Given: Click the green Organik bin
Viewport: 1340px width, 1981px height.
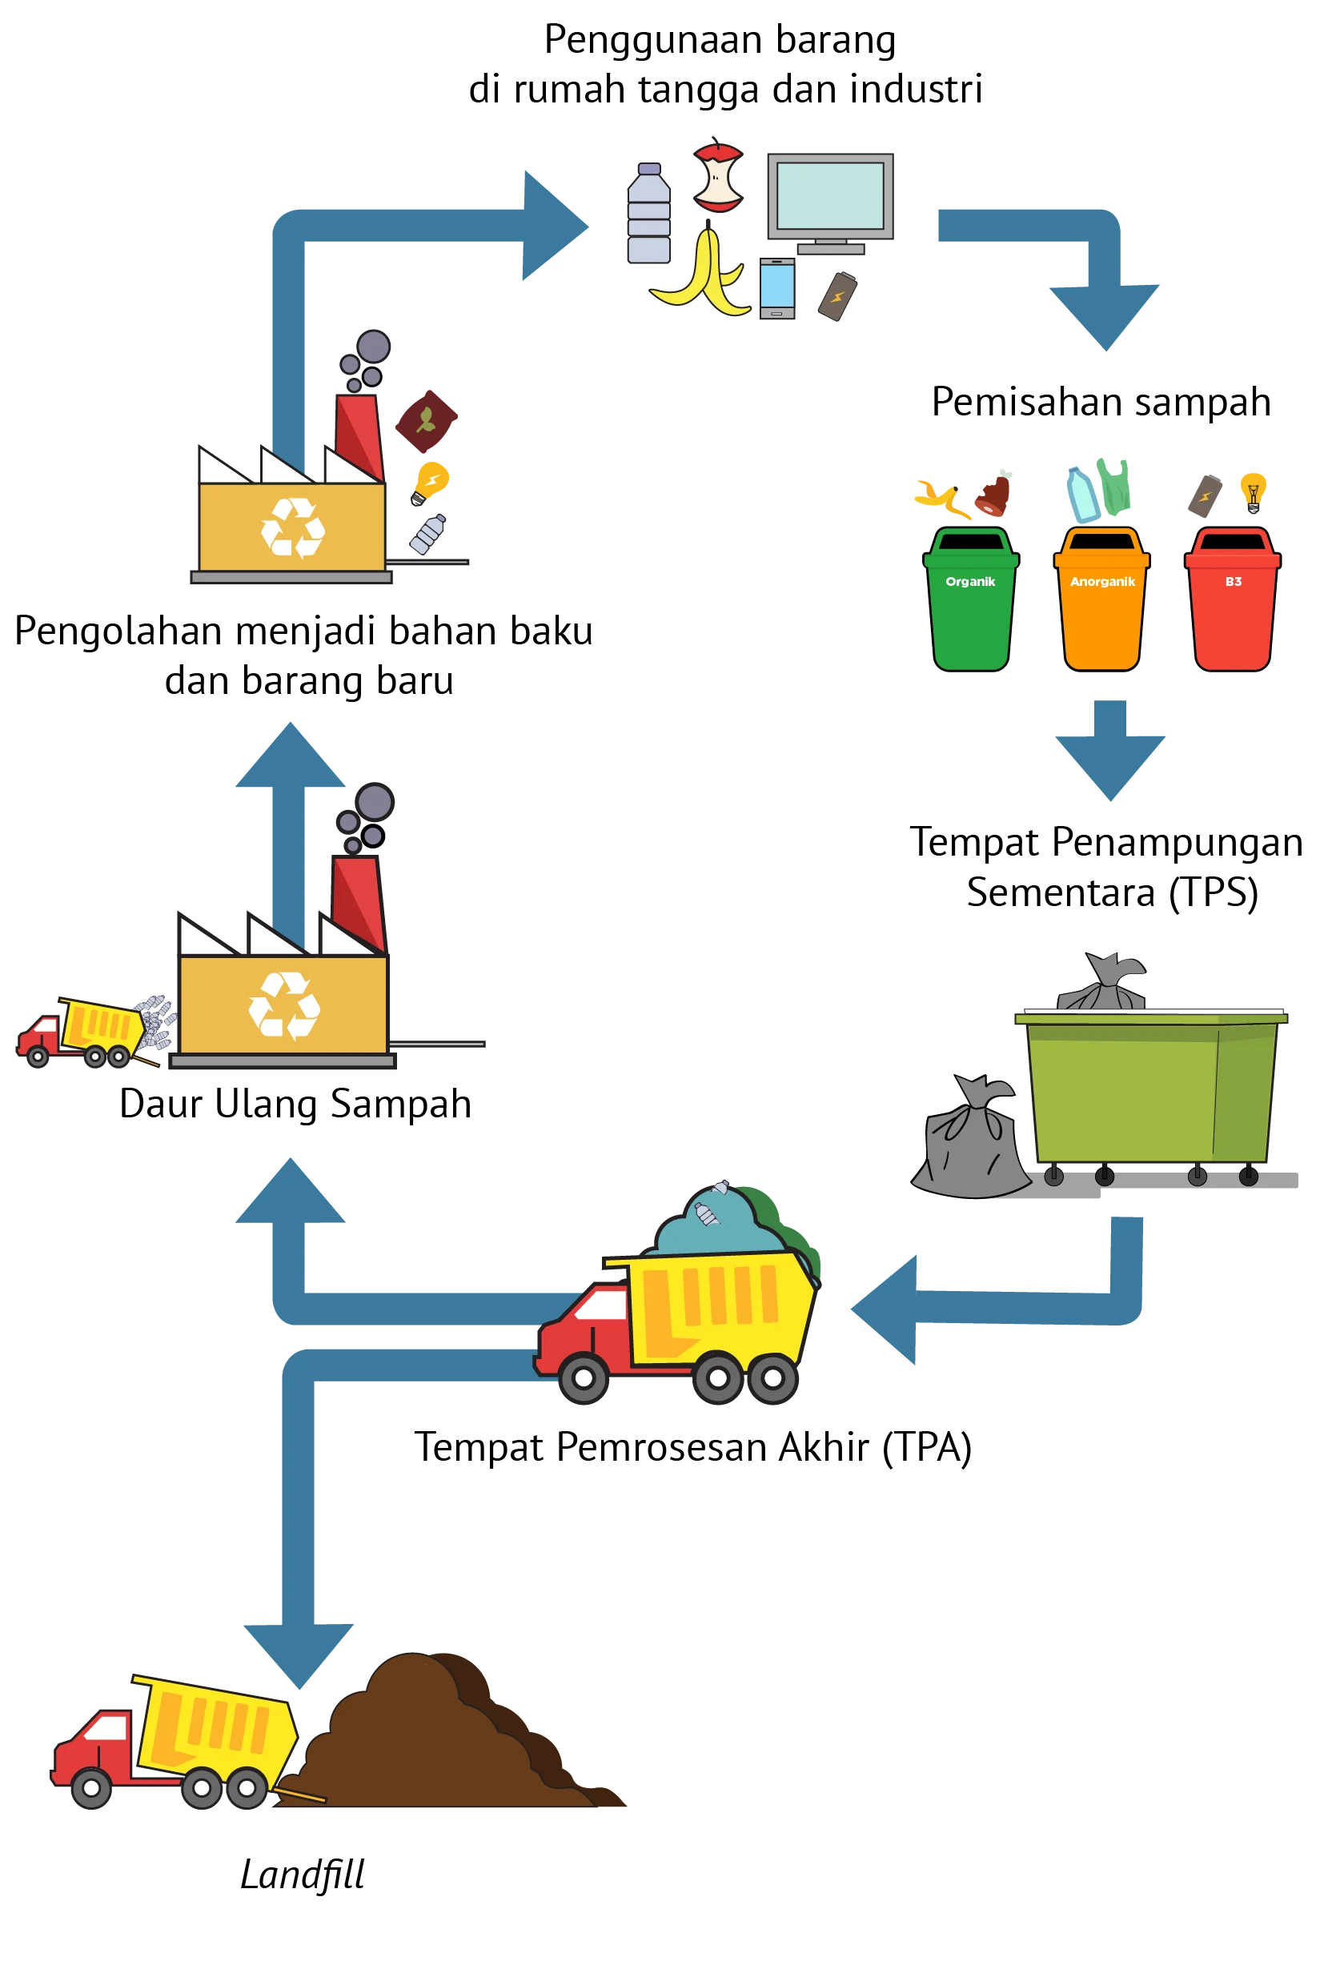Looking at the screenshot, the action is [x=971, y=600].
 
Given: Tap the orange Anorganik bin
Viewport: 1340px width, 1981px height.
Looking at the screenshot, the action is [x=1101, y=600].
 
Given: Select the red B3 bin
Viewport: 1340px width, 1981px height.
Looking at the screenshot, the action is [x=1232, y=600].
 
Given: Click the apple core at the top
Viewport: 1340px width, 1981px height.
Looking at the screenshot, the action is [x=718, y=176].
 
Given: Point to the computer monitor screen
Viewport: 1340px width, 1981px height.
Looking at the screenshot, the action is [x=830, y=196].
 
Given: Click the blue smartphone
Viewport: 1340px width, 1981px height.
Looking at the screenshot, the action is [x=776, y=288].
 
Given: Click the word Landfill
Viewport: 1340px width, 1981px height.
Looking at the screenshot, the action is [x=302, y=1875].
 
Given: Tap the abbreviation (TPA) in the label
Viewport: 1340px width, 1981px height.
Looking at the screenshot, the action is [x=927, y=1447].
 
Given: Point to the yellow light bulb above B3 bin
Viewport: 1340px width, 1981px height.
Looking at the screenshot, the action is [x=1252, y=493].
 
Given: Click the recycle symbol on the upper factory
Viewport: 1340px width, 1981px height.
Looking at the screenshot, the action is [x=292, y=528].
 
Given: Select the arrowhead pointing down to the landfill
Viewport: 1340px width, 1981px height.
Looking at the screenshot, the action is [x=299, y=1656].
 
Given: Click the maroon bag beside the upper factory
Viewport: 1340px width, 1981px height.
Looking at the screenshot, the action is [x=426, y=421].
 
